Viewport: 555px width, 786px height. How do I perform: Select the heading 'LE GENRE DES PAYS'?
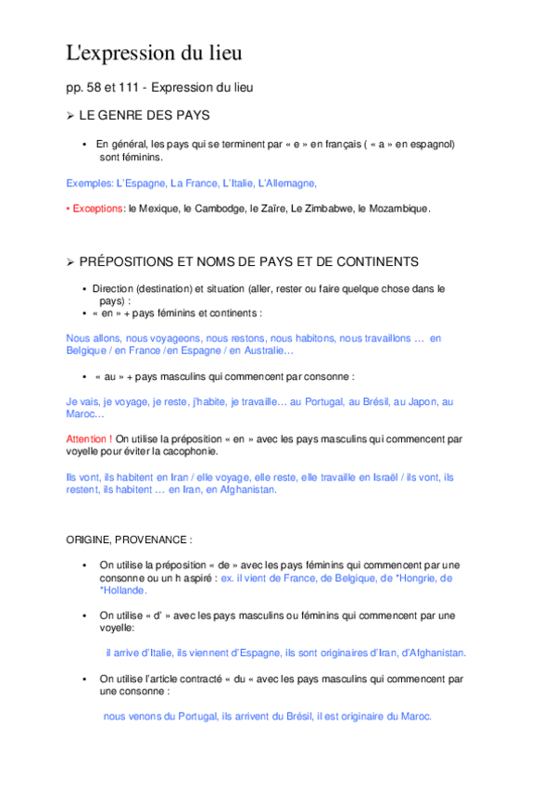[145, 116]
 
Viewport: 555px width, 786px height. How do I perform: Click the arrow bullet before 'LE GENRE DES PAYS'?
[70, 116]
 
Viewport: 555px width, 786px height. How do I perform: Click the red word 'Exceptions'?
[97, 209]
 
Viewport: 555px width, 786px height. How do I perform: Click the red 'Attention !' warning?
[90, 438]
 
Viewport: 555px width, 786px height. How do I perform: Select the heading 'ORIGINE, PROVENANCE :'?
[129, 539]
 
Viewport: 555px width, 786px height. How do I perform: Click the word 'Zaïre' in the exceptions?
[267, 209]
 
